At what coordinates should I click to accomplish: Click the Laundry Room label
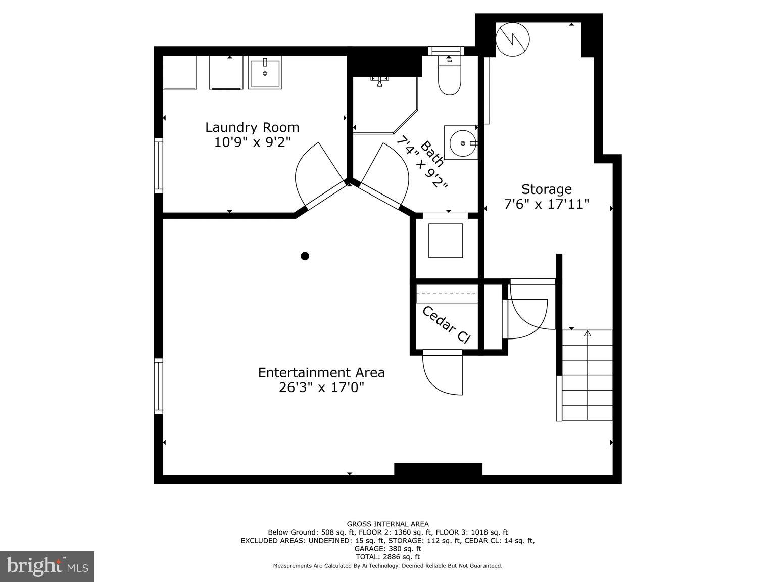[252, 127]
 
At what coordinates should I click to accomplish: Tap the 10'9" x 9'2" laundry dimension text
[252, 142]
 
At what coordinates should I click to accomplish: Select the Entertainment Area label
[321, 373]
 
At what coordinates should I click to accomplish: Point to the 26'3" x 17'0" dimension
[321, 387]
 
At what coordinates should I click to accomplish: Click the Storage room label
[547, 189]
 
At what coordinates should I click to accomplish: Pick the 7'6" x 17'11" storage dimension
[547, 204]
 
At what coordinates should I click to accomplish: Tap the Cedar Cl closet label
[446, 325]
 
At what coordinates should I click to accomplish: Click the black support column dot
[305, 256]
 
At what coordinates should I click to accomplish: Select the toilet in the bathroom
[449, 78]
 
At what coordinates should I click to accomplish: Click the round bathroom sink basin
[461, 143]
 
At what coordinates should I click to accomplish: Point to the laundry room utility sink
[265, 72]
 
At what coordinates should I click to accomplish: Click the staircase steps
[587, 375]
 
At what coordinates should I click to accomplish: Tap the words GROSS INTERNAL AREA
[387, 524]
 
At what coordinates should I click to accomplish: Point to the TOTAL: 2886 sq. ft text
[387, 557]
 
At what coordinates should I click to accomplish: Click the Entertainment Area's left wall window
[159, 386]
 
